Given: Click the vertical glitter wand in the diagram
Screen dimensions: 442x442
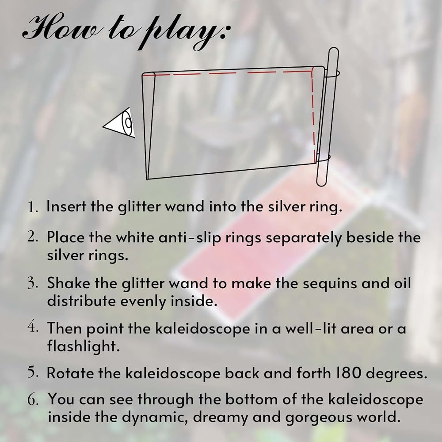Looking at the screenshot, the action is pyautogui.click(x=327, y=117).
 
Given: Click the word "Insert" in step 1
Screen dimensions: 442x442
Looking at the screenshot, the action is pyautogui.click(x=66, y=206).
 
